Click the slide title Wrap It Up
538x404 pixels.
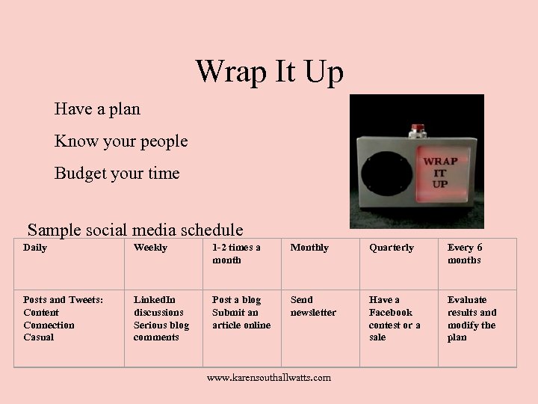(269, 72)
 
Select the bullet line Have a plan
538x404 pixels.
(97, 109)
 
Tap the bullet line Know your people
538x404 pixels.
(120, 141)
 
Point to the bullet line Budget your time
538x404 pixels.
(117, 174)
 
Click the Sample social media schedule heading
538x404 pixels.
(135, 229)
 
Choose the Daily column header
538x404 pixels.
(35, 248)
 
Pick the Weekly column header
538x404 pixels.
(150, 248)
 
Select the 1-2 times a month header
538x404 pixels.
(236, 254)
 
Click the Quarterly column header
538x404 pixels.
(391, 248)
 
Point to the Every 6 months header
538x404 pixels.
(465, 254)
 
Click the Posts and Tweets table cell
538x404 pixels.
(63, 319)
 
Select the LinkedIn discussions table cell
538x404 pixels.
(161, 319)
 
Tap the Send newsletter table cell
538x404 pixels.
(313, 306)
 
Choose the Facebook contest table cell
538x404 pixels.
(394, 319)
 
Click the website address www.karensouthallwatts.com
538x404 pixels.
(268, 378)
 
